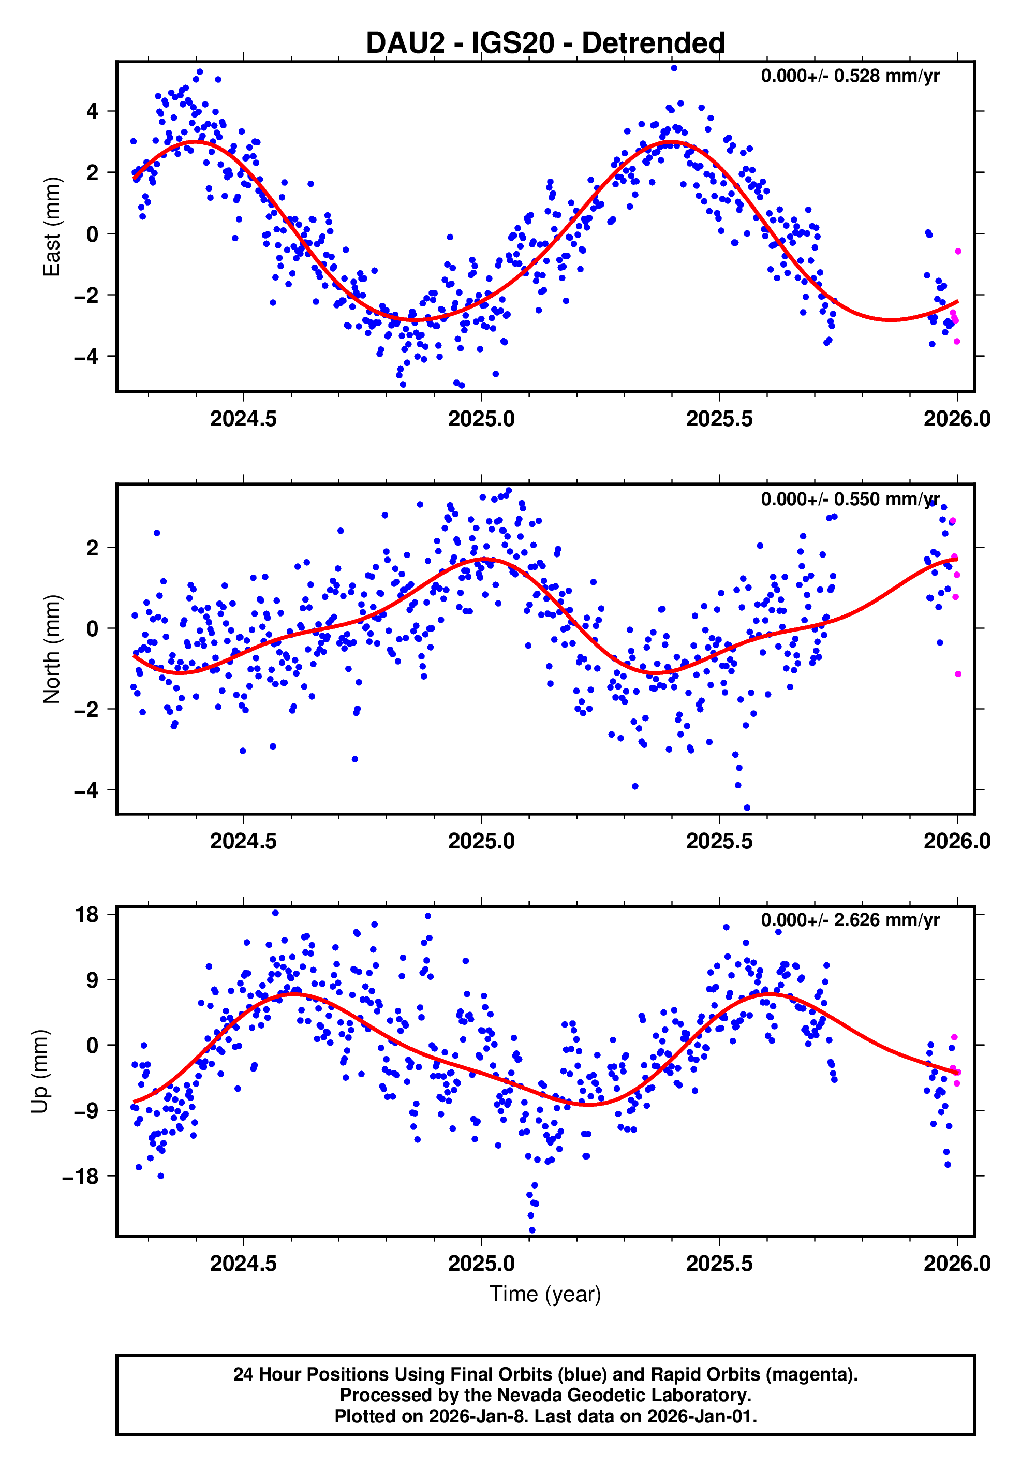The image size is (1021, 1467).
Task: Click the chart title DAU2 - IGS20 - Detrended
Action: tap(545, 43)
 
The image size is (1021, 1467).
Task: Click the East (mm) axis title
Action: tap(51, 227)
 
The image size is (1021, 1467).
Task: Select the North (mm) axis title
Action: tap(51, 649)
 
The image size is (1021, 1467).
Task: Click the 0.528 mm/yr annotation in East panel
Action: tap(850, 76)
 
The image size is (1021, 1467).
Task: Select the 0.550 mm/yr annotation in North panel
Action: tap(850, 499)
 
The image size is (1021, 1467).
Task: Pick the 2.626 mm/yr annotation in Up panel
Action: tap(850, 921)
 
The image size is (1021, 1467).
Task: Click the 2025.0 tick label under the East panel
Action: tap(481, 419)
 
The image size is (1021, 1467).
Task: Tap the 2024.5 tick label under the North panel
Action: tap(243, 842)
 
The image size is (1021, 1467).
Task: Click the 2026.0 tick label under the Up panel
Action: tap(956, 1264)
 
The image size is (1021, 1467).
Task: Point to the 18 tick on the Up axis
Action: tap(87, 915)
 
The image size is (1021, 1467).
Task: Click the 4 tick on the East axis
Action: tap(93, 111)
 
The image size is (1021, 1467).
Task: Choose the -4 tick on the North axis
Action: tap(86, 790)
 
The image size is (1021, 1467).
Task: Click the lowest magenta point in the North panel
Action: tap(958, 674)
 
